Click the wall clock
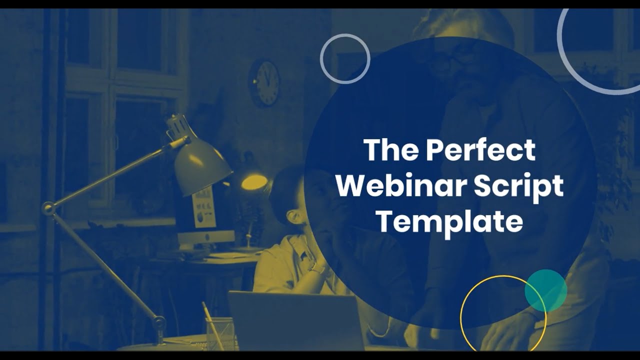(264, 83)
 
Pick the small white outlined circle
(345, 58)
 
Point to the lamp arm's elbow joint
(49, 208)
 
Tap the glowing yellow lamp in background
(253, 182)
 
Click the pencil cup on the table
(219, 333)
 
